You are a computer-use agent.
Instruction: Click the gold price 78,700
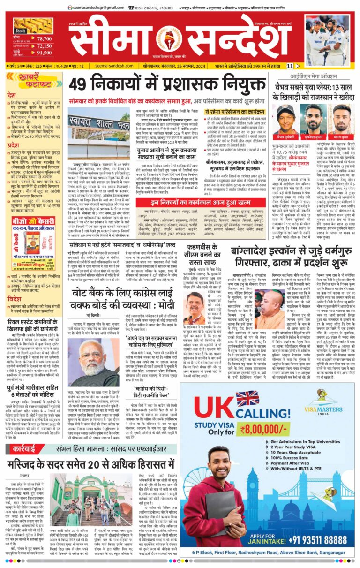pos(44,39)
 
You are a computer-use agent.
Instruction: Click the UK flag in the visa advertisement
pos(247,399)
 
